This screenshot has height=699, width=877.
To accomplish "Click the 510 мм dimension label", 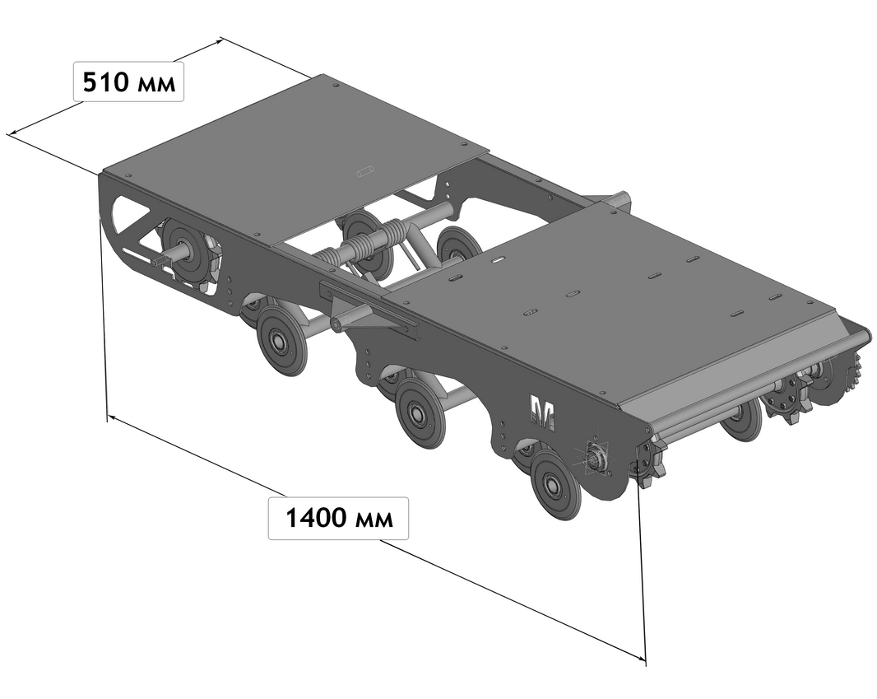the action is click(128, 83).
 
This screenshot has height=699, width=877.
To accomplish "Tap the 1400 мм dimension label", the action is click(338, 518).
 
